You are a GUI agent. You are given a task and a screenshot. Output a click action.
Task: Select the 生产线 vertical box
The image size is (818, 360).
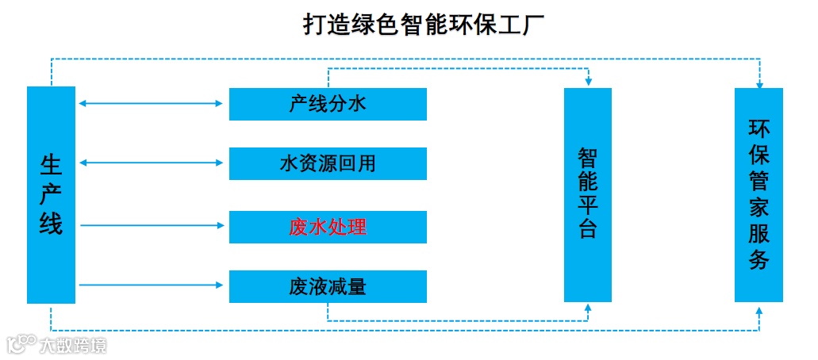click(51, 194)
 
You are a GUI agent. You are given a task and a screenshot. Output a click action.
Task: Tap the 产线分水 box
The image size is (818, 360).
click(328, 104)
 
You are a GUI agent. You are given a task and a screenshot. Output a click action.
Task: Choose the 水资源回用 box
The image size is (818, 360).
click(328, 164)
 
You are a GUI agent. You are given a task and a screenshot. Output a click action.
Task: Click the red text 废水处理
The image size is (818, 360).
click(328, 227)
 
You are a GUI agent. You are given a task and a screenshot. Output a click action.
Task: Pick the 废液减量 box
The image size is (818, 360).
click(328, 286)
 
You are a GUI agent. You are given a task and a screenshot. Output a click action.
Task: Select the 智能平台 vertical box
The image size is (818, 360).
click(588, 194)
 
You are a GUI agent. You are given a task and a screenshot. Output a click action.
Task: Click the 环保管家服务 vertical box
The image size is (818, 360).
click(758, 194)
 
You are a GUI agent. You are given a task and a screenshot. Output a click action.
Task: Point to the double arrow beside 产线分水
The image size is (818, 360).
click(152, 103)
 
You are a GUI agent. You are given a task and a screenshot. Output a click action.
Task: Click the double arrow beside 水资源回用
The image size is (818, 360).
click(152, 163)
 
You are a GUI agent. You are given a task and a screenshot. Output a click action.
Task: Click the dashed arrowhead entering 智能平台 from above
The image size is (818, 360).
click(589, 82)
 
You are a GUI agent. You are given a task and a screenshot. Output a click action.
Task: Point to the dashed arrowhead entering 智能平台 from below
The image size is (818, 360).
click(589, 308)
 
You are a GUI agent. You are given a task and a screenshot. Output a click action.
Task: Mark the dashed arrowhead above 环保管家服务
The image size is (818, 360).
click(759, 82)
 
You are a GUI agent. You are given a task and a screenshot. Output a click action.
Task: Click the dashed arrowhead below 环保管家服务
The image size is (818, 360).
click(759, 308)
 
